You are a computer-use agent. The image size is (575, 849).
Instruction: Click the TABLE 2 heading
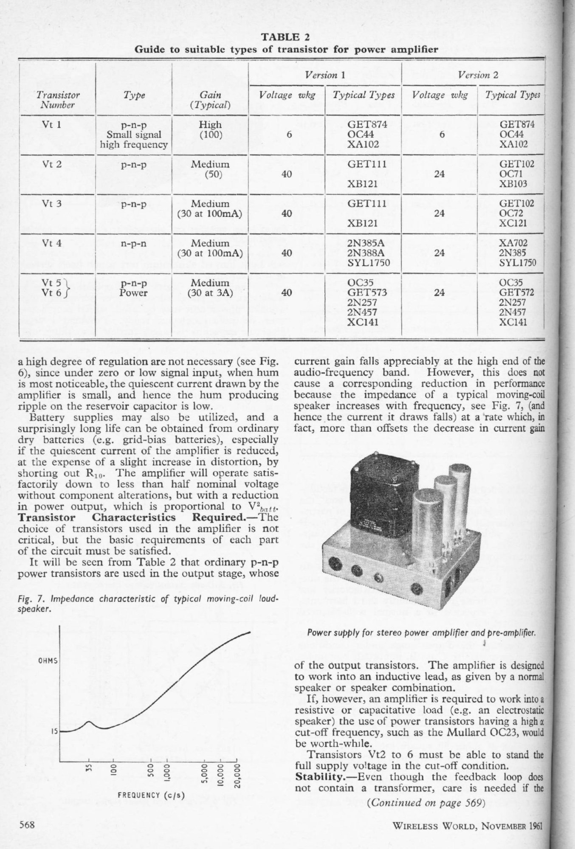click(286, 39)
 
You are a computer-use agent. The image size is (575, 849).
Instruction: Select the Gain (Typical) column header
click(210, 100)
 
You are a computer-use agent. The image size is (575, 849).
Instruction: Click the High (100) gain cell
click(210, 129)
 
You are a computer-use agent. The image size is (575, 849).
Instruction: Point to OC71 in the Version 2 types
click(510, 174)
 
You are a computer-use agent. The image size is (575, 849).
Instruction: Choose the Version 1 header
click(325, 76)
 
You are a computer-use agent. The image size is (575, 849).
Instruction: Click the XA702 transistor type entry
click(513, 243)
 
